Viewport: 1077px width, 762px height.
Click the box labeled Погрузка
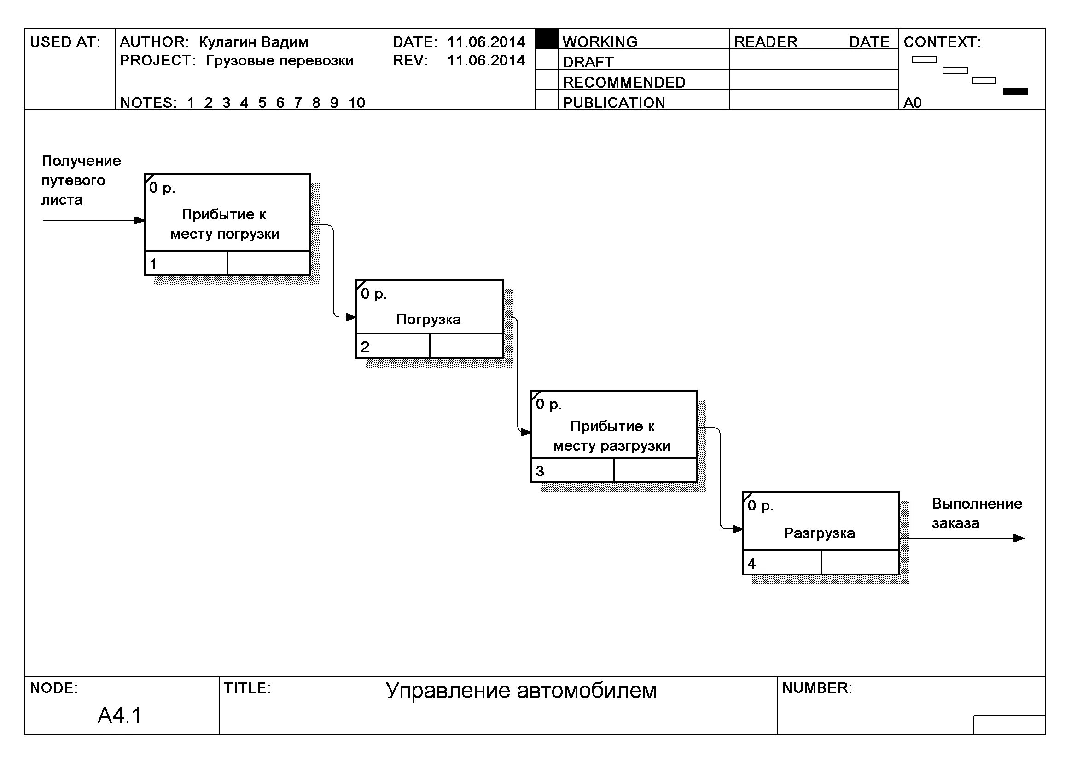429,319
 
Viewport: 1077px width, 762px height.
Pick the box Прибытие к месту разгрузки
613,435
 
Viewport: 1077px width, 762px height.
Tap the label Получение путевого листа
81,180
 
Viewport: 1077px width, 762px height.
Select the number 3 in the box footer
540,471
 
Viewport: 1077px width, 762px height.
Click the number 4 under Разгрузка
751,563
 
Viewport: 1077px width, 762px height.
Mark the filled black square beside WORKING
546,40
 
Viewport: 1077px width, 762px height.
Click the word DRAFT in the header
588,62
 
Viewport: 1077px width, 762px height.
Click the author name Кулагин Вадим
253,42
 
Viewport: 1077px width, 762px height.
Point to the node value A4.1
120,715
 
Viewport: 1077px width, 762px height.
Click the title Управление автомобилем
521,690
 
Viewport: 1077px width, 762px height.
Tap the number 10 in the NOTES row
356,102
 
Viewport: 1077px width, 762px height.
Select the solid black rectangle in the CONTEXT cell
1015,92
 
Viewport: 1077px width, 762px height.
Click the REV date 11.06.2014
485,60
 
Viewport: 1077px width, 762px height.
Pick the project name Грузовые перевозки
279,60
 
